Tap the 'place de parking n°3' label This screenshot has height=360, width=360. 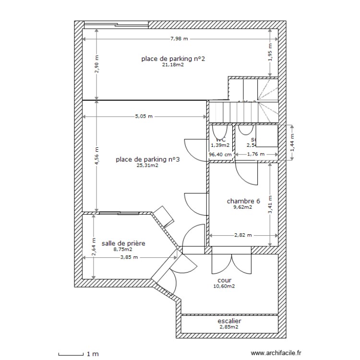tap(148, 159)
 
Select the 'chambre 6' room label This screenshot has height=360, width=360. tap(244, 201)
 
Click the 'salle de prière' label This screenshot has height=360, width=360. tap(123, 243)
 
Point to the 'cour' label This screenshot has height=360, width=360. tap(224, 280)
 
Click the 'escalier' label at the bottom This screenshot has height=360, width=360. tap(229, 321)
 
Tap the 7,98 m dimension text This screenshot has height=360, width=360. tap(179, 38)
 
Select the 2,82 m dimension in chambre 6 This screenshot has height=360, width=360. tap(243, 236)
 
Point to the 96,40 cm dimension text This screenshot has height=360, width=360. tap(220, 155)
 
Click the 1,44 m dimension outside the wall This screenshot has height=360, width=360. tap(293, 142)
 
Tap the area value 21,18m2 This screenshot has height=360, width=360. tap(173, 65)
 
